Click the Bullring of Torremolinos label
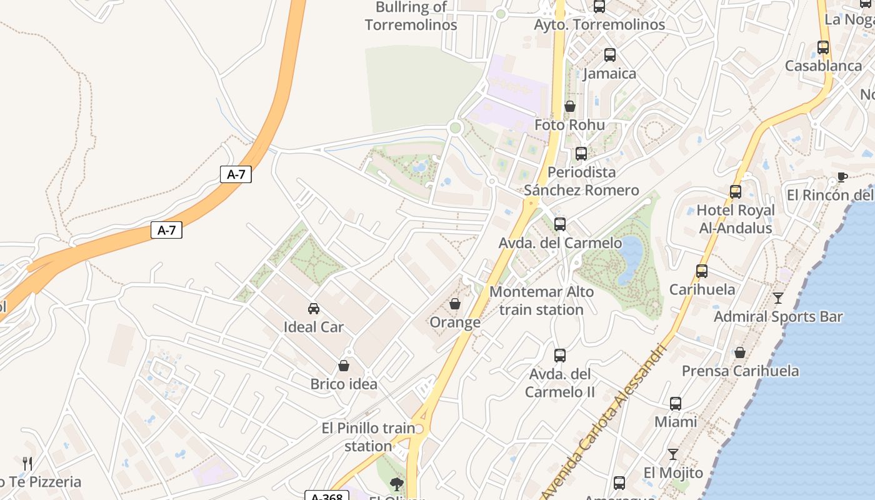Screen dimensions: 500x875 coord(411,16)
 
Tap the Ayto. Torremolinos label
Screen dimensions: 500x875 coord(599,24)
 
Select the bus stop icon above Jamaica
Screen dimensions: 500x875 coord(609,55)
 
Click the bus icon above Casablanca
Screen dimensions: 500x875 coord(823,47)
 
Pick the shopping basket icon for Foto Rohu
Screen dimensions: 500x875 coord(569,107)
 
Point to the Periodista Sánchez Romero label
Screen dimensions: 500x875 coord(581,181)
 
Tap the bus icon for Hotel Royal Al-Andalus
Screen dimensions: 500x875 coord(736,192)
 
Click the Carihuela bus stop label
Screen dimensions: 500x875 coord(702,289)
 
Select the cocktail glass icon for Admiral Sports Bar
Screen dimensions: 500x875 coord(777,298)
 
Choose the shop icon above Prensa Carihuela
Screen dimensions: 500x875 coord(740,352)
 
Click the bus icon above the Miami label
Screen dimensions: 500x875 coord(676,404)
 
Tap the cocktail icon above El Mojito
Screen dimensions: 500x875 coord(673,454)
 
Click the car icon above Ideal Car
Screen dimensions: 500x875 coord(314,309)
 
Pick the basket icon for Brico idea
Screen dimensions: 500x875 coord(344,366)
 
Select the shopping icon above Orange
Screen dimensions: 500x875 coord(455,304)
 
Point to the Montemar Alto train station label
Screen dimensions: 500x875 coord(541,301)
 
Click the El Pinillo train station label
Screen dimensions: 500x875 coord(368,437)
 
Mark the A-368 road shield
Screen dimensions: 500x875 coord(326,496)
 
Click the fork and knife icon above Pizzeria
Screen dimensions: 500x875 coord(27,464)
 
